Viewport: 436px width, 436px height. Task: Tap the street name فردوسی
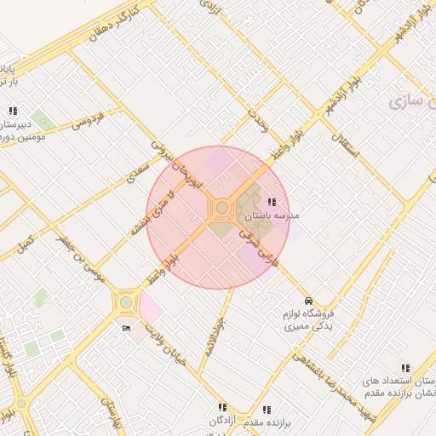[x=87, y=119]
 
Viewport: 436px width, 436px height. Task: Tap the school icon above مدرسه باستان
[x=272, y=202]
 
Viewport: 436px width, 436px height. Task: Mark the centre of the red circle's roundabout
[x=221, y=208]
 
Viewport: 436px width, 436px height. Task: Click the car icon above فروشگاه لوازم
[x=309, y=301]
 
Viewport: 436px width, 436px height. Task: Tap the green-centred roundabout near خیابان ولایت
[x=126, y=301]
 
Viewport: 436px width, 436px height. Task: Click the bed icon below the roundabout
[x=127, y=328]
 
